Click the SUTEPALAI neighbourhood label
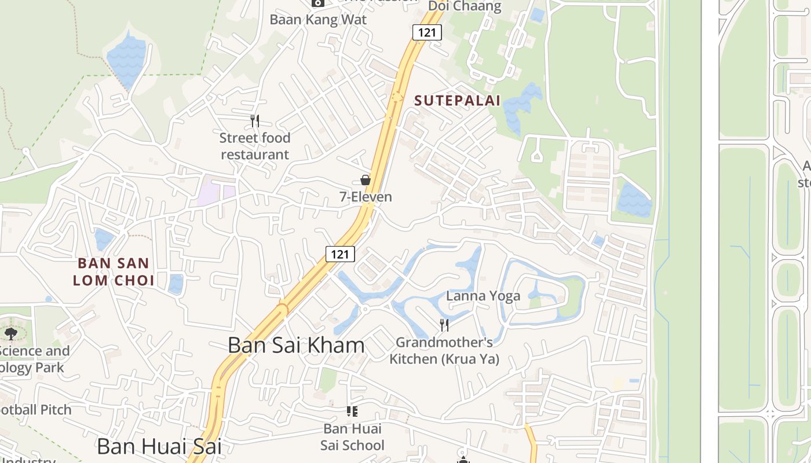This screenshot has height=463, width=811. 457,100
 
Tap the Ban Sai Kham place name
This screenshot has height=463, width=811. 296,346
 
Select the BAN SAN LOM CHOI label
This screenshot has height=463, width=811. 116,272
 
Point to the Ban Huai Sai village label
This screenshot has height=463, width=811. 159,446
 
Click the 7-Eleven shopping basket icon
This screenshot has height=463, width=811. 366,180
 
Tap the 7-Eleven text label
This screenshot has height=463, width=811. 366,197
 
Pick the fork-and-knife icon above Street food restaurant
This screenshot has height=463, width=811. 254,120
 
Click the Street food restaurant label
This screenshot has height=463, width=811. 255,146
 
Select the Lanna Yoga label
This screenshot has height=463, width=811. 483,296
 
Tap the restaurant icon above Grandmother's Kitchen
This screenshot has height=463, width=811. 444,325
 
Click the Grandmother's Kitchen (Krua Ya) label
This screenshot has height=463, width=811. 444,351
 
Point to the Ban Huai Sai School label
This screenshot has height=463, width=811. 352,437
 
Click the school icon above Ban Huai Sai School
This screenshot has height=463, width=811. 352,411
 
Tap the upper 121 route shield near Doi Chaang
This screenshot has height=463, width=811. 427,32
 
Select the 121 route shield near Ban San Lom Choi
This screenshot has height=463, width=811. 340,253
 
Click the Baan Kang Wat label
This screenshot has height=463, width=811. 318,19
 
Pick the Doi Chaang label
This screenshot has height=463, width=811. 465,6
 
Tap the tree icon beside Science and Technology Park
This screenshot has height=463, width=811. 10,333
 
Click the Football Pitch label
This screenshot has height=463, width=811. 36,410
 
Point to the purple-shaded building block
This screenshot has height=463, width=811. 215,193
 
